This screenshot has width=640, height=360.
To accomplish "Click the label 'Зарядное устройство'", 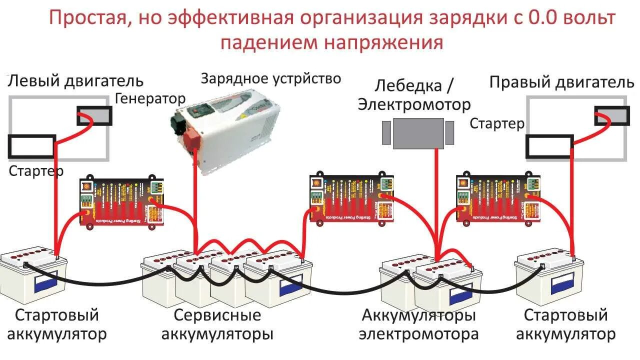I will (x=271, y=78).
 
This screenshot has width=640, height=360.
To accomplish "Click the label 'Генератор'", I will (x=150, y=98).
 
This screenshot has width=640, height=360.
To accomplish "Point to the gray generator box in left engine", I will (x=94, y=116).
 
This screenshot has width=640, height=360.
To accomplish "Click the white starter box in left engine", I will (x=31, y=146).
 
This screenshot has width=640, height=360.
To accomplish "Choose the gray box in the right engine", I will (x=611, y=115).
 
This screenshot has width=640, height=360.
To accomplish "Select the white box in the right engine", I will (x=548, y=146).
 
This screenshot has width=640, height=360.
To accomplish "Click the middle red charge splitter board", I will (x=351, y=198).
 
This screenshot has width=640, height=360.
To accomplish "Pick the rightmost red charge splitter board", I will (x=498, y=198).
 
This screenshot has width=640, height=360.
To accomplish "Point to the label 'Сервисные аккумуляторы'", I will (x=217, y=325).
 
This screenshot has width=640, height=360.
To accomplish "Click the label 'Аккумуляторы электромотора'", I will (x=419, y=325).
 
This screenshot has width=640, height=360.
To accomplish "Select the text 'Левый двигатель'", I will (x=75, y=80).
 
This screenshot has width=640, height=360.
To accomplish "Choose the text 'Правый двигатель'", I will (x=561, y=82).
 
